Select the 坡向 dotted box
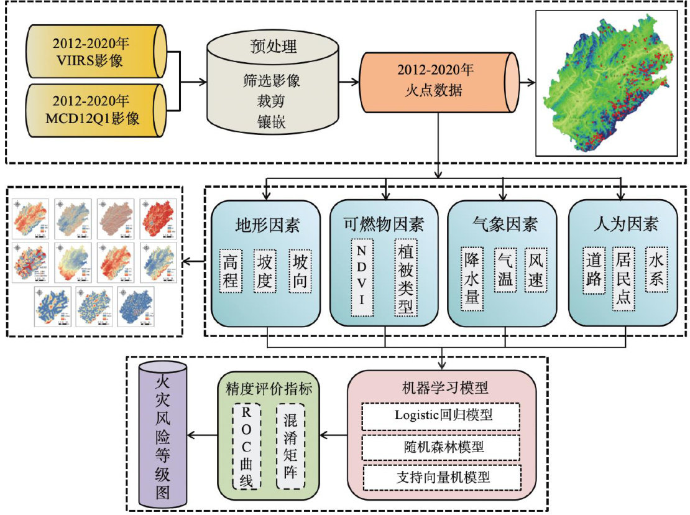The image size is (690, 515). [x=301, y=271]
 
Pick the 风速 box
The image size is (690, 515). [x=536, y=271]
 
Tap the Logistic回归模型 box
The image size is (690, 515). [x=440, y=415]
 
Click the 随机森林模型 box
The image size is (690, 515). [x=440, y=447]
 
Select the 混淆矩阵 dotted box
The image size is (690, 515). [x=290, y=445]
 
